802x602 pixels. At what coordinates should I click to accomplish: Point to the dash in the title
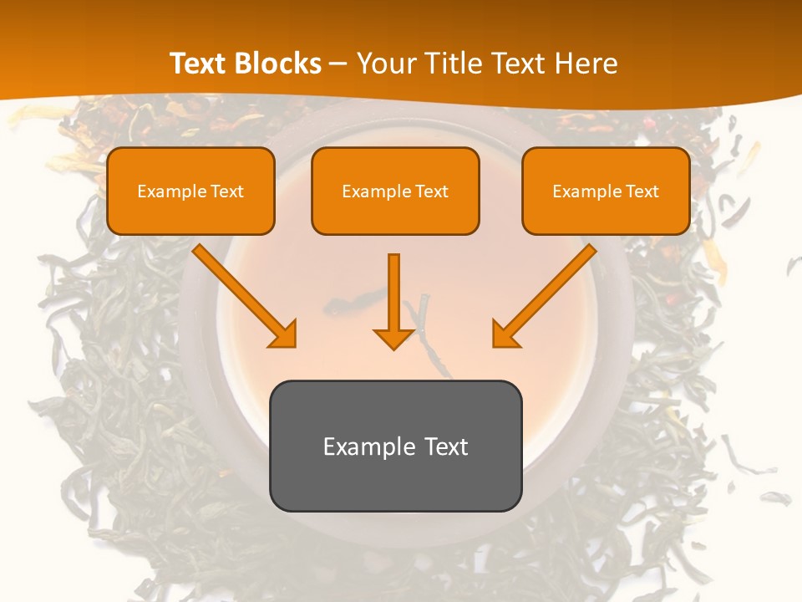(338, 64)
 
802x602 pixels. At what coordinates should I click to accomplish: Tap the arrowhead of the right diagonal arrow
(505, 334)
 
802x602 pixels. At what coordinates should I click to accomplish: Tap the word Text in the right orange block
(642, 191)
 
